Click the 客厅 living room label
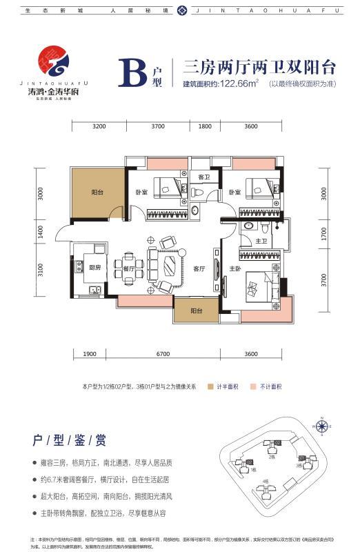click(x=199, y=268)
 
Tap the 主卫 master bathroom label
click(x=261, y=241)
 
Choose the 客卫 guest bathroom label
click(x=203, y=177)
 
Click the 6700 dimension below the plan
click(x=163, y=354)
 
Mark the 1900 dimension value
click(x=89, y=354)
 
